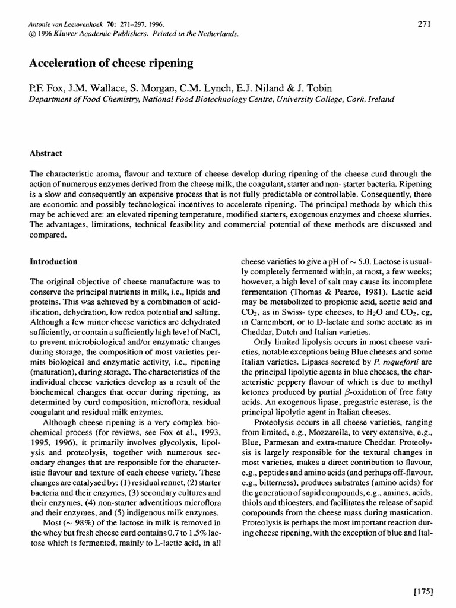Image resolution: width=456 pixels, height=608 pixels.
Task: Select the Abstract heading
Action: (46, 153)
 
